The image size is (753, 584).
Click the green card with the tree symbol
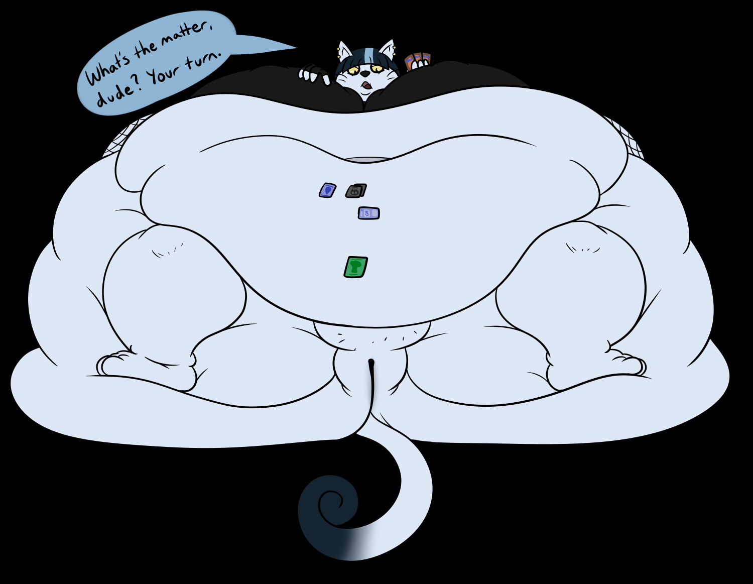coord(356,267)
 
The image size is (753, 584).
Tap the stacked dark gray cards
coord(356,191)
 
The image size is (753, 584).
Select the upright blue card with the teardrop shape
coord(327,190)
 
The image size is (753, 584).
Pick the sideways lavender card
coord(368,213)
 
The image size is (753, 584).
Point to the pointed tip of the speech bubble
coord(296,48)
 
